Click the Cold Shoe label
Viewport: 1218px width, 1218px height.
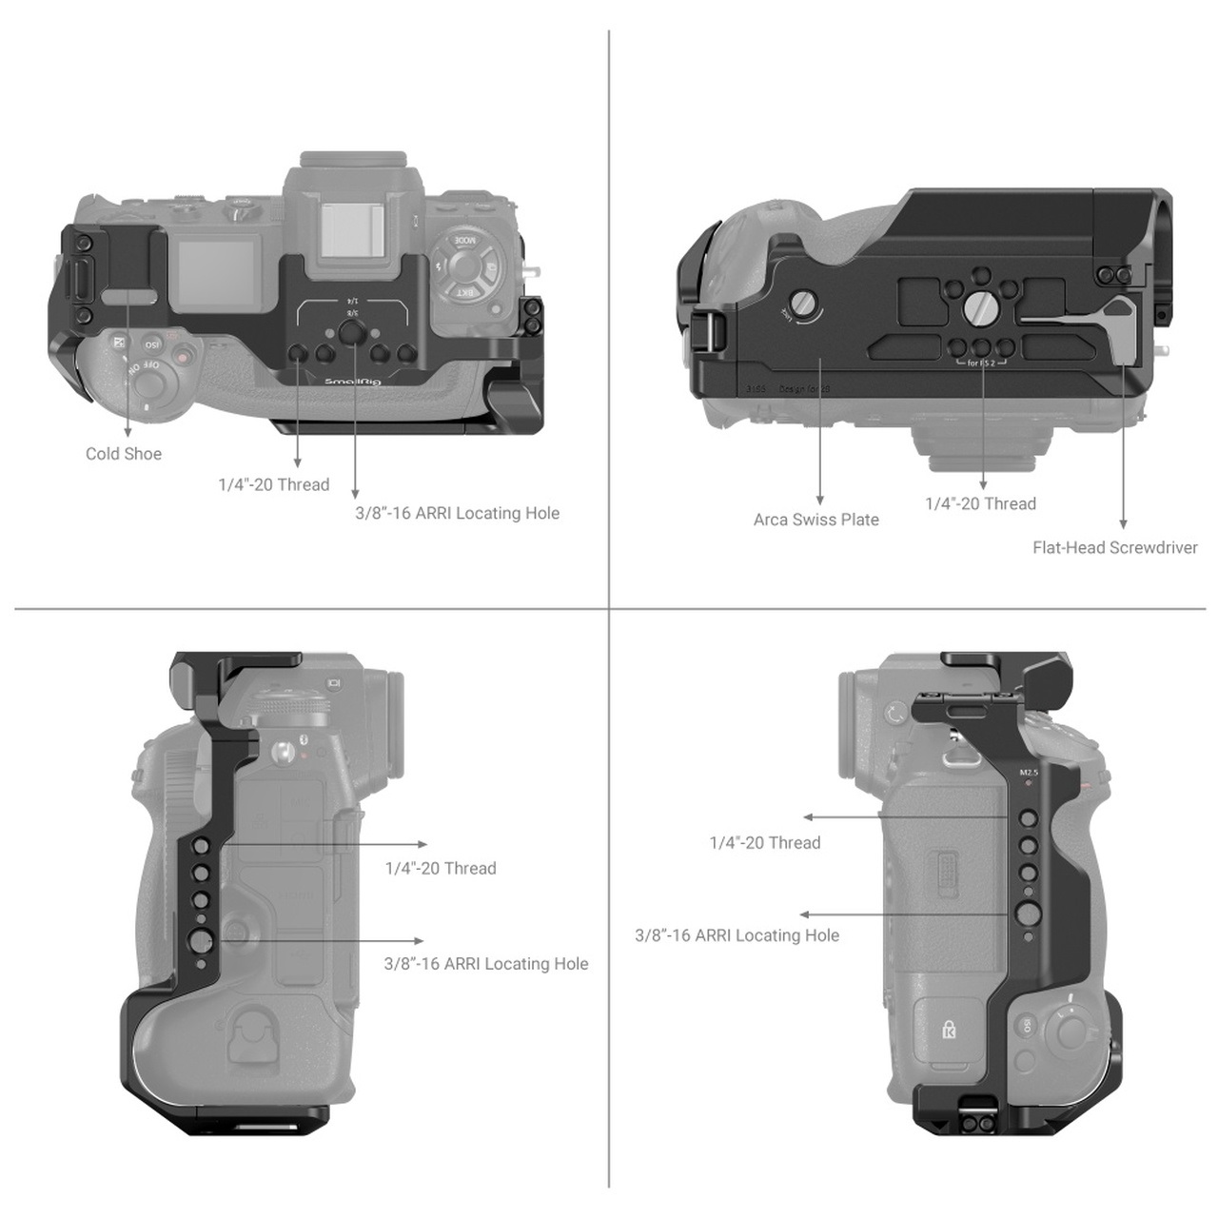coord(124,454)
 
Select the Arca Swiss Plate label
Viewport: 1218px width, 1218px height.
coord(815,520)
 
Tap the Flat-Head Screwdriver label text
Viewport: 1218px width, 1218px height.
coord(1114,547)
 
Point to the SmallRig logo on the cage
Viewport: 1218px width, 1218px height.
coord(353,382)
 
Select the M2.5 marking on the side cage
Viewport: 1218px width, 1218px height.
coord(1029,773)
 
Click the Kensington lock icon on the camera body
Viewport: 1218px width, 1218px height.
coord(948,1030)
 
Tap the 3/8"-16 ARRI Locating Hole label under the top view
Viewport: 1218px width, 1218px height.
coord(457,513)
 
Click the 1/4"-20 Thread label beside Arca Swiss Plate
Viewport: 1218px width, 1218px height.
coord(980,503)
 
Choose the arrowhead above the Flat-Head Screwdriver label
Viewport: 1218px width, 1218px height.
coord(1123,523)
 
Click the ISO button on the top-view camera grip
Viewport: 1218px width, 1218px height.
coord(150,344)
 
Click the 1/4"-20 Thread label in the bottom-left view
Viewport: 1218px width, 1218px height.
coord(441,868)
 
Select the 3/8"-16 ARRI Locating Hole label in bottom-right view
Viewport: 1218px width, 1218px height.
coord(737,935)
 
